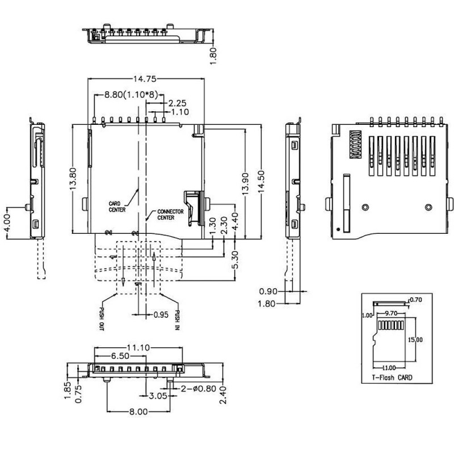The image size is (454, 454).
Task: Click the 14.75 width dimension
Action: pos(145,79)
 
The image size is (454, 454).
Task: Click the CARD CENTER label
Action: pos(117,205)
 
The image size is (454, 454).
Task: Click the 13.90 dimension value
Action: pos(245,184)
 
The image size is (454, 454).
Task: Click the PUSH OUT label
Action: pos(102,320)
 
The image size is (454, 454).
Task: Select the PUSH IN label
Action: pos(178,320)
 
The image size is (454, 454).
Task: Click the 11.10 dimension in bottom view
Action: pos(138,347)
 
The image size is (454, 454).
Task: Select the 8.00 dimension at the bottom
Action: pos(138,413)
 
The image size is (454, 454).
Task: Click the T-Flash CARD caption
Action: pos(392,377)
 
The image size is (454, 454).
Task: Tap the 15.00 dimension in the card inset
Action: pos(415,339)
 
